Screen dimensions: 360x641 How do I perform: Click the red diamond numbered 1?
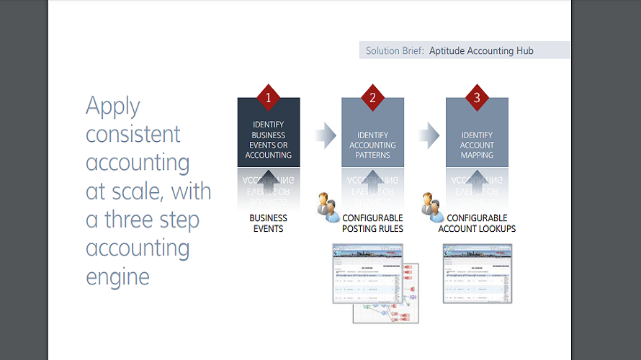coord(268,97)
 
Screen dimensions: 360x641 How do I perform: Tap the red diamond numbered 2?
coord(372,97)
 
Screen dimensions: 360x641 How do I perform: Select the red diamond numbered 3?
coord(477,97)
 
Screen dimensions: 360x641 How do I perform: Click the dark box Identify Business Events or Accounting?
coord(268,140)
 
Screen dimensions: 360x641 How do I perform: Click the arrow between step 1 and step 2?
coord(326,135)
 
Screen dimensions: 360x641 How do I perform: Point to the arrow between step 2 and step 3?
coord(429,135)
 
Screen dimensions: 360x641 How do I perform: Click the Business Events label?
coord(268,223)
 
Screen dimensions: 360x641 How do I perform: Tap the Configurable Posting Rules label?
coord(372,223)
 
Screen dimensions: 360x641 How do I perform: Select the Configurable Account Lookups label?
coord(477,223)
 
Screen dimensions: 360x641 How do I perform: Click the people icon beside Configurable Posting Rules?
coord(328,206)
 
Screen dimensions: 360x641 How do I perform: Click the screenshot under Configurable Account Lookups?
coord(477,274)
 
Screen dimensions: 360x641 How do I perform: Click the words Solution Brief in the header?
coord(395,51)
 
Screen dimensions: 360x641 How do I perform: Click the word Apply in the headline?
coord(113,107)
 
